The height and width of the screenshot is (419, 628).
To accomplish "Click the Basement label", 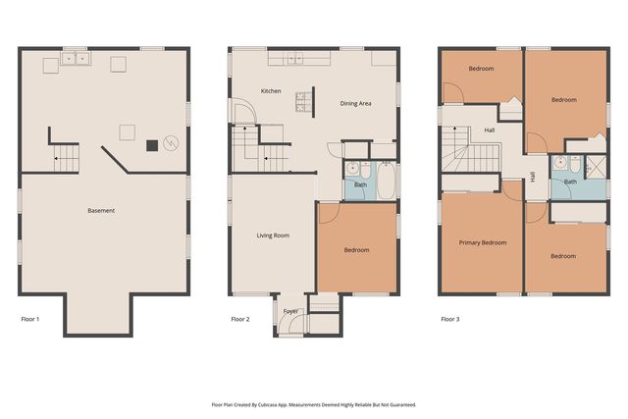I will pyautogui.click(x=101, y=211).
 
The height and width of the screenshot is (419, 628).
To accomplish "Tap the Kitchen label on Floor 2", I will pyautogui.click(x=271, y=91).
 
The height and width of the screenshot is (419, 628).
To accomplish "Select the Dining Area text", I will pyautogui.click(x=355, y=103).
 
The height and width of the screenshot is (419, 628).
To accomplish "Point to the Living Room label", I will pyautogui.click(x=273, y=236).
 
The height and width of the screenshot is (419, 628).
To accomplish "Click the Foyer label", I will pyautogui.click(x=290, y=311).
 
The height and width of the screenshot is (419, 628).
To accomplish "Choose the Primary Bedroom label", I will pyautogui.click(x=483, y=242).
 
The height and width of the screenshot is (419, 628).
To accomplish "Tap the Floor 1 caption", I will pyautogui.click(x=31, y=319).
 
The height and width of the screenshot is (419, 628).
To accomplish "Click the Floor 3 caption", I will pyautogui.click(x=450, y=319).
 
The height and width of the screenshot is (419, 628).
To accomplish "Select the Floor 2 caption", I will pyautogui.click(x=240, y=319).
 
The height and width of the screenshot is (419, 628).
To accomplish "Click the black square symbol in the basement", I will pyautogui.click(x=152, y=146).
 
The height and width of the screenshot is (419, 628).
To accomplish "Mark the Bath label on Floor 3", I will pyautogui.click(x=569, y=182).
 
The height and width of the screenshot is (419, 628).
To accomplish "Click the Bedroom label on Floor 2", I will pyautogui.click(x=356, y=250).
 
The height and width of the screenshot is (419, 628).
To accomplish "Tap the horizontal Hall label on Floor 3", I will pyautogui.click(x=489, y=130).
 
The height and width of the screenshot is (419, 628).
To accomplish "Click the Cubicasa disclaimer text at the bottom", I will pyautogui.click(x=314, y=404).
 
